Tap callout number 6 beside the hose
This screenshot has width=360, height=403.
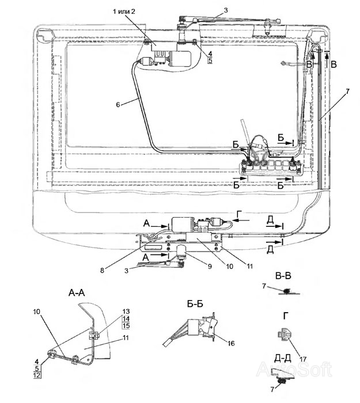click(118, 104)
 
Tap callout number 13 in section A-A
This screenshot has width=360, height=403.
click(126, 311)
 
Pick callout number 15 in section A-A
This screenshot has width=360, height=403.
click(126, 326)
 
